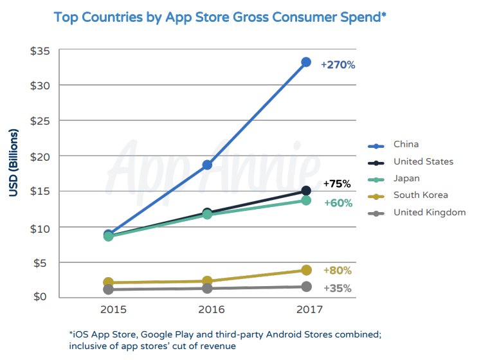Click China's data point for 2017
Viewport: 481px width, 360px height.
click(x=306, y=62)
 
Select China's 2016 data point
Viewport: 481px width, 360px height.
click(x=207, y=165)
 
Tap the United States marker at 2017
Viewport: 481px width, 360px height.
click(x=306, y=191)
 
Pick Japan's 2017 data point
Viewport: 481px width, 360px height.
click(x=306, y=201)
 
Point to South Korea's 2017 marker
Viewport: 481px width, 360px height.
click(x=306, y=271)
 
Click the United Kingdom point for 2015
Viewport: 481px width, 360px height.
click(x=109, y=290)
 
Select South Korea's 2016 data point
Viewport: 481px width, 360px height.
click(x=207, y=281)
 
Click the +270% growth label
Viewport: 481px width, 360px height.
click(x=338, y=65)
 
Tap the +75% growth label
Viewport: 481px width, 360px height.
click(x=337, y=184)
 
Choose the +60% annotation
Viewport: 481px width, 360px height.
click(x=337, y=203)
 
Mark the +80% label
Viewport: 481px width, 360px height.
click(x=337, y=271)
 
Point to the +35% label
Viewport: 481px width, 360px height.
click(x=337, y=289)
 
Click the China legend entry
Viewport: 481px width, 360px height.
click(x=406, y=145)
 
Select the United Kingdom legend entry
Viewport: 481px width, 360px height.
click(x=429, y=212)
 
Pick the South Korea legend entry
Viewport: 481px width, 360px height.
click(x=421, y=195)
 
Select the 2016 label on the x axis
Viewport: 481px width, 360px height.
click(x=207, y=310)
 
